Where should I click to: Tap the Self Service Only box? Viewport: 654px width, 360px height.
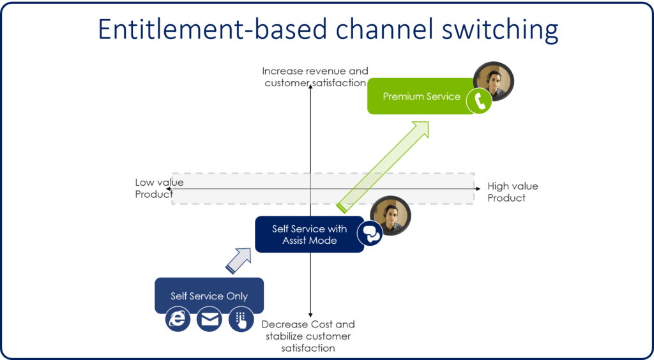pyautogui.click(x=209, y=296)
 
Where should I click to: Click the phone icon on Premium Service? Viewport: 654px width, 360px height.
pyautogui.click(x=479, y=100)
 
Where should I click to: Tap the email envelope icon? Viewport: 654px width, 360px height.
pyautogui.click(x=209, y=319)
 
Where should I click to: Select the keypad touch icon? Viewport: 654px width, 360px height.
pyautogui.click(x=241, y=319)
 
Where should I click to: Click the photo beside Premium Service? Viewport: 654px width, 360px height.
pyautogui.click(x=494, y=81)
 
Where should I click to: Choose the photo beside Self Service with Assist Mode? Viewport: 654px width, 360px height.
pyautogui.click(x=390, y=215)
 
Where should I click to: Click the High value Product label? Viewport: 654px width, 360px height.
pyautogui.click(x=512, y=192)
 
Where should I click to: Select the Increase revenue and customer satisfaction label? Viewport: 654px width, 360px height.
pyautogui.click(x=315, y=77)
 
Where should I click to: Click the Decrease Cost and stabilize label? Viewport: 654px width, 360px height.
pyautogui.click(x=308, y=336)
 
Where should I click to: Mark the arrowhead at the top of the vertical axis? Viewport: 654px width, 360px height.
pyautogui.click(x=310, y=85)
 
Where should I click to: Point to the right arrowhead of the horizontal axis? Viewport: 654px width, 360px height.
pyautogui.click(x=478, y=189)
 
